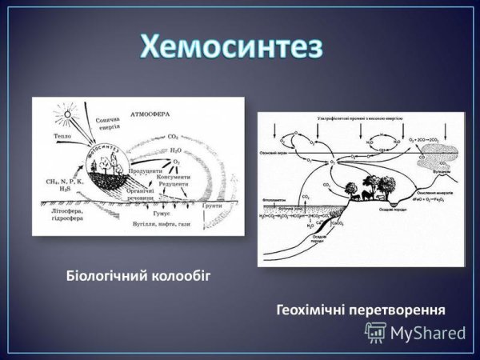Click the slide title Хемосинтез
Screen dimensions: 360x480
232,46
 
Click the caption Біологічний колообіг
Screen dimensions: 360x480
142,276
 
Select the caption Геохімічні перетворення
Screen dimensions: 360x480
360,308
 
